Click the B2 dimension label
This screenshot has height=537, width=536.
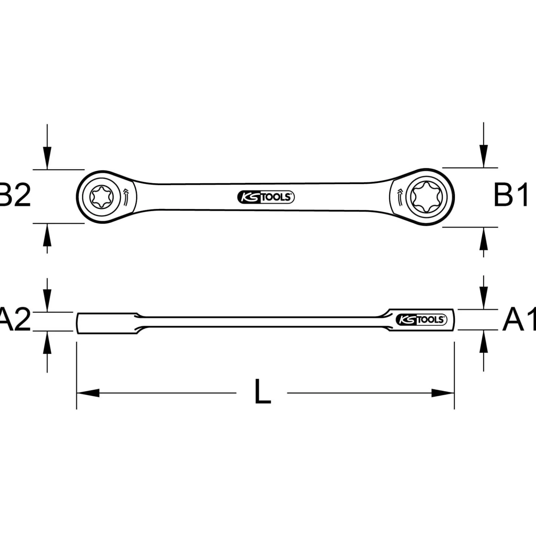tap(15, 195)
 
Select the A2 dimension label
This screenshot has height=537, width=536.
tap(15, 320)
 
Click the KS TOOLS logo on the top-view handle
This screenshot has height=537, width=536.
tap(266, 197)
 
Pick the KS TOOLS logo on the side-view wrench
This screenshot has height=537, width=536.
tap(422, 320)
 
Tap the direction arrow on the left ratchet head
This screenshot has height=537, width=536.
tap(126, 196)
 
